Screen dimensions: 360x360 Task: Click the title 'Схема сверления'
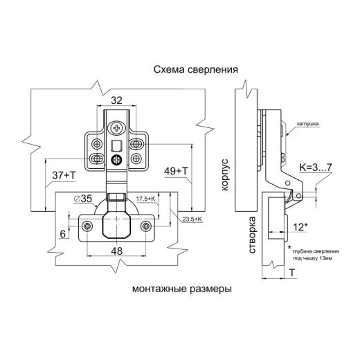click(x=196, y=69)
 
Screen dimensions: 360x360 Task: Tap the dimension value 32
click(x=116, y=100)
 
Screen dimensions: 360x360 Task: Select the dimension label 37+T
click(x=64, y=175)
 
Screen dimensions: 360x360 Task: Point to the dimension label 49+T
click(x=176, y=171)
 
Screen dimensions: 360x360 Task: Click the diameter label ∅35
click(x=83, y=199)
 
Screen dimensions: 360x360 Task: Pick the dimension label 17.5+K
click(x=145, y=199)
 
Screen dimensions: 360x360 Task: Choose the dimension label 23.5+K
click(x=192, y=219)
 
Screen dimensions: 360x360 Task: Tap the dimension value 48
click(x=117, y=251)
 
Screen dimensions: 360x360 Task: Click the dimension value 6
click(x=63, y=234)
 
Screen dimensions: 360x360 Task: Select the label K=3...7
click(x=316, y=168)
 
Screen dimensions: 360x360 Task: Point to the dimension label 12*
click(x=300, y=227)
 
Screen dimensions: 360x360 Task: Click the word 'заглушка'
click(x=307, y=124)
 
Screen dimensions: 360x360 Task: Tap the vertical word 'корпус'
click(x=224, y=174)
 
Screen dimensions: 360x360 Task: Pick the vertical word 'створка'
click(x=252, y=235)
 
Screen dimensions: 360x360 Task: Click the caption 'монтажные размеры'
click(x=182, y=289)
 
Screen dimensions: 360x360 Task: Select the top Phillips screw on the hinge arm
click(x=117, y=127)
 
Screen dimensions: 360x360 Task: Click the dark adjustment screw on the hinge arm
click(x=116, y=160)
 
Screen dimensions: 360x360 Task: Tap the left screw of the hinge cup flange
click(x=87, y=226)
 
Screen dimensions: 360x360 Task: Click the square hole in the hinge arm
click(x=116, y=145)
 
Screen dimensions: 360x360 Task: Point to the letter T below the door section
click(x=292, y=273)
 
